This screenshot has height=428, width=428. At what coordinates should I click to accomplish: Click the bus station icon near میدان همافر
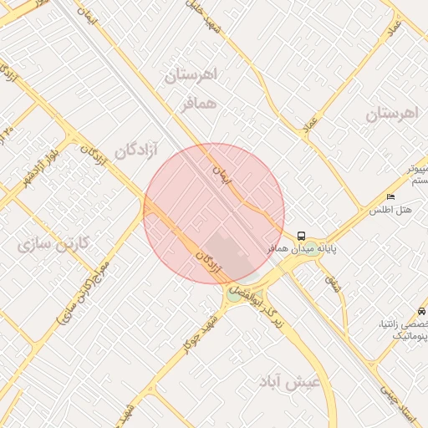[302, 236]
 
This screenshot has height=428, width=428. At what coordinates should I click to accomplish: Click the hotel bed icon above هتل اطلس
[391, 196]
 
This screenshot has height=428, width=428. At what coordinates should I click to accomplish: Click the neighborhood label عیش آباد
[290, 382]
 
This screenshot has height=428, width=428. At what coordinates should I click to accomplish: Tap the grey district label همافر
[199, 105]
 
